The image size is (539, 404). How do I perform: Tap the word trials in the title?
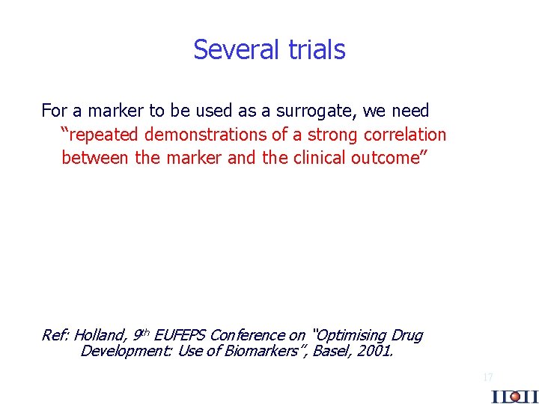(x=315, y=49)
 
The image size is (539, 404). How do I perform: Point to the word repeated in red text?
(x=99, y=135)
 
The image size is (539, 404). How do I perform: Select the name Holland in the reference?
(x=100, y=335)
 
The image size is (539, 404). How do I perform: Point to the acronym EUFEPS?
(x=180, y=335)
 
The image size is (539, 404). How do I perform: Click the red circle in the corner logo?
(x=514, y=397)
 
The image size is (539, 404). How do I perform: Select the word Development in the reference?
(x=125, y=350)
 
